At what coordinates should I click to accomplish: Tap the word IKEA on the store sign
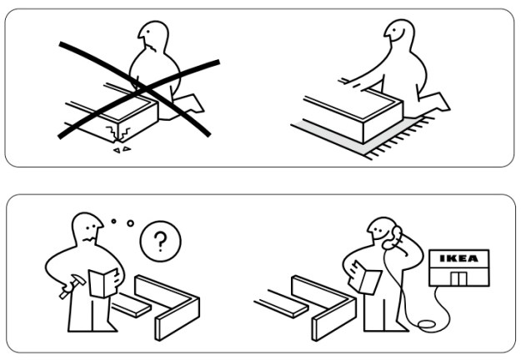[x=458, y=259]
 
